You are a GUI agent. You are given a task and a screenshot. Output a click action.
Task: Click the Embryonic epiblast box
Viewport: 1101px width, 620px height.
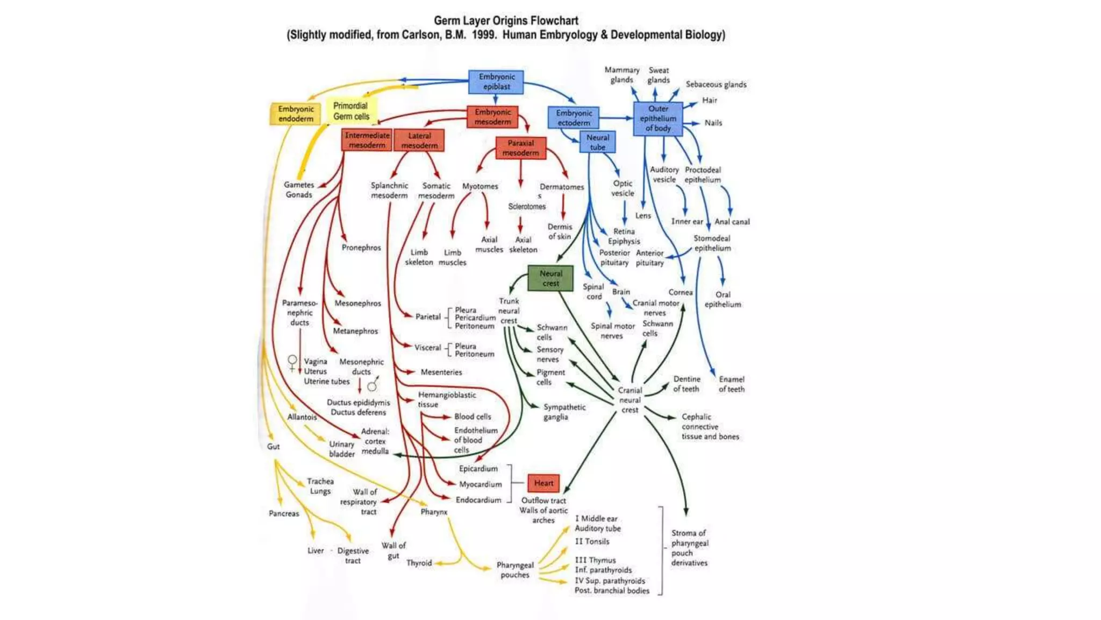496,82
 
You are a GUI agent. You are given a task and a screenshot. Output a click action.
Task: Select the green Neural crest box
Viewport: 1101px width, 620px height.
550,278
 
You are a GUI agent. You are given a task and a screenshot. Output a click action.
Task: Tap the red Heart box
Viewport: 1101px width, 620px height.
543,483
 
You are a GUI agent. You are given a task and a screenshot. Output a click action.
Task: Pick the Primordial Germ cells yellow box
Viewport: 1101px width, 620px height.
351,111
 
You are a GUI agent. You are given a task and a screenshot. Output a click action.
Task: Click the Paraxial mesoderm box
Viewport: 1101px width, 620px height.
520,148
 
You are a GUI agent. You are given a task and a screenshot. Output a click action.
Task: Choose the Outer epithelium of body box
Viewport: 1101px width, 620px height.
657,118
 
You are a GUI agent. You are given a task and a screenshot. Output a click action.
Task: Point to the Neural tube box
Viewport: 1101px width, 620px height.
597,143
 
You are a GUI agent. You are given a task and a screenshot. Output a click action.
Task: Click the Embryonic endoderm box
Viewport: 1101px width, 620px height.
296,114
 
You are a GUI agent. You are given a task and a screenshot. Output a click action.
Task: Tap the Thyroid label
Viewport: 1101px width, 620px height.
419,563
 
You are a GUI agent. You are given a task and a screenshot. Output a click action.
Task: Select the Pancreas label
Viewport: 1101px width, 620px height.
284,513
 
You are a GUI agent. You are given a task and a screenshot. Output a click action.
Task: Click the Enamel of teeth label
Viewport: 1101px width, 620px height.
731,384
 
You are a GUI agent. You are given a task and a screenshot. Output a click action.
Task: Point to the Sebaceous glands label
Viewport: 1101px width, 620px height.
716,84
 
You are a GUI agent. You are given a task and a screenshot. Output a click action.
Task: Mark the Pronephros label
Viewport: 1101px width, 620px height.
361,248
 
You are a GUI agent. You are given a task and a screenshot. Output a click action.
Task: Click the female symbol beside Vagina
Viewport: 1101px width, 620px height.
292,362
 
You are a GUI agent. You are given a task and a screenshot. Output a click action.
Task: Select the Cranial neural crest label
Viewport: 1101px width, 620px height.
630,400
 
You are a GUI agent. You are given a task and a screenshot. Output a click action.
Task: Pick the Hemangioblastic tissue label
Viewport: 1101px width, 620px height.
446,399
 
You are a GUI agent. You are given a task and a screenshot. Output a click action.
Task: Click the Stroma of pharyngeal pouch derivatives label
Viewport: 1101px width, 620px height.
689,548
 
